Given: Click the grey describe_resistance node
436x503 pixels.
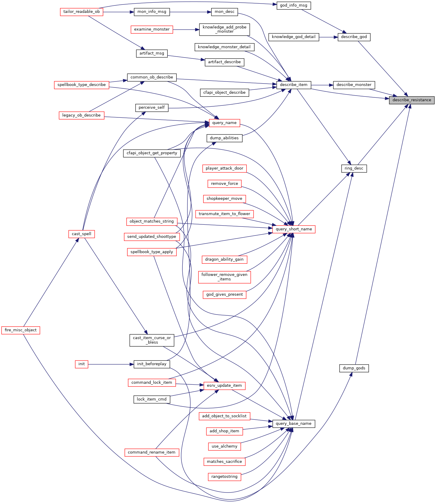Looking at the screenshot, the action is click(412, 100).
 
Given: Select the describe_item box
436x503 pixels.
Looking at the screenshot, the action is click(293, 85).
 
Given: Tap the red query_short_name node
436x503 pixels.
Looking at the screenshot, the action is click(294, 229).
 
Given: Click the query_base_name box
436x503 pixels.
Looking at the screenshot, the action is click(293, 424).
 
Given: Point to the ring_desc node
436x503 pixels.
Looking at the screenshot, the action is click(354, 168).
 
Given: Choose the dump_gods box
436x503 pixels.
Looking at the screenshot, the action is click(354, 368).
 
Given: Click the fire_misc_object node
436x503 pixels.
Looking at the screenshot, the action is click(21, 330).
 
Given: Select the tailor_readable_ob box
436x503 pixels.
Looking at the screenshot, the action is click(81, 12).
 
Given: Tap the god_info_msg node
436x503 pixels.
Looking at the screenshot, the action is click(293, 5).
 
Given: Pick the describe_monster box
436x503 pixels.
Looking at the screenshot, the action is click(354, 85).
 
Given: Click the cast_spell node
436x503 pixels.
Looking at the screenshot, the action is click(81, 234).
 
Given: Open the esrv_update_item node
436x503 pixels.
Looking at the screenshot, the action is click(224, 386).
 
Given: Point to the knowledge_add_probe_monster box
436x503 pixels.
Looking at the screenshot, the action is click(224, 29).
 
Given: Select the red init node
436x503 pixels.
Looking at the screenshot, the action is click(81, 364).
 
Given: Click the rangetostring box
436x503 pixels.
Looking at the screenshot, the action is click(224, 477).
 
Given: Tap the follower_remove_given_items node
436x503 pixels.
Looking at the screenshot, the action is click(224, 277).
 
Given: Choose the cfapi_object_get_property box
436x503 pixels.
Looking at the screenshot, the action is click(152, 153).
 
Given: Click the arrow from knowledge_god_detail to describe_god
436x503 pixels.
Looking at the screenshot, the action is click(328, 37).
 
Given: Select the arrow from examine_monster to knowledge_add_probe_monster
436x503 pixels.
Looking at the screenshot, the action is click(186, 30).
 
